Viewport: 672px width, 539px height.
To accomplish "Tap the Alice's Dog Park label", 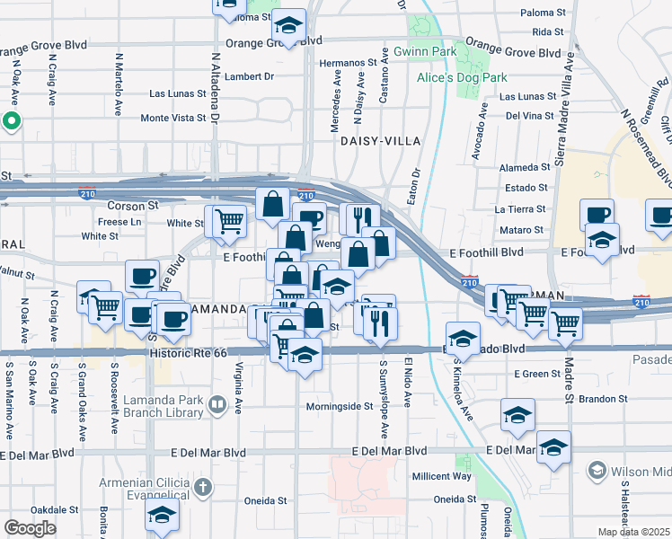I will coord(438,77).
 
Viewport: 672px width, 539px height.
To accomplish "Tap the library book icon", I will coord(217,406).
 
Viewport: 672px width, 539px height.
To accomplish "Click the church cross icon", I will coord(203,488).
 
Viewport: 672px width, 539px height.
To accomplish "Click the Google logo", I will coord(30,528).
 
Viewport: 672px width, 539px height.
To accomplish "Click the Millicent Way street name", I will coord(441,476).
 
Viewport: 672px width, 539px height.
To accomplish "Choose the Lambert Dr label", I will coord(250,77).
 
